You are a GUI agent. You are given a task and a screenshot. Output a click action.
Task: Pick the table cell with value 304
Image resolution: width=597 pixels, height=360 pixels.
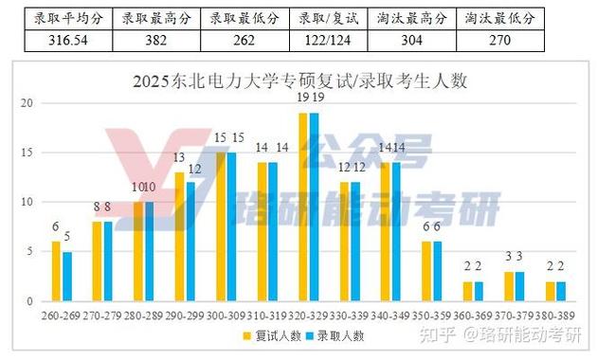pos(413,41)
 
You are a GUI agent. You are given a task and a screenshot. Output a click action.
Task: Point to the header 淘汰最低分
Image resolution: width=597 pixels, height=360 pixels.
pos(500,18)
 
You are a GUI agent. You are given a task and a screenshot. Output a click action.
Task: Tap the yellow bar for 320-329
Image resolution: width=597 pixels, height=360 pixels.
pos(303,207)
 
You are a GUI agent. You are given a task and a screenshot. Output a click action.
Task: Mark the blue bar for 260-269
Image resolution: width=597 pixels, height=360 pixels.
pos(66,276)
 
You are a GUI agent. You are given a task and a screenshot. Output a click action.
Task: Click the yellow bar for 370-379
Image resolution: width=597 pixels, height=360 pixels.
pos(509,286)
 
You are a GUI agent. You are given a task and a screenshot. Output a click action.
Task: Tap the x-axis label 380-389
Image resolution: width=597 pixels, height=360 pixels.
pos(555,310)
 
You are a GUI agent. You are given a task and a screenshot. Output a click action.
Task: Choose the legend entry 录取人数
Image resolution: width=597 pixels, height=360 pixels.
pos(336,334)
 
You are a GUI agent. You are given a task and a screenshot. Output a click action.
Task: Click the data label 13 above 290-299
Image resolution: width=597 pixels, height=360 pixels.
pos(179,157)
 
